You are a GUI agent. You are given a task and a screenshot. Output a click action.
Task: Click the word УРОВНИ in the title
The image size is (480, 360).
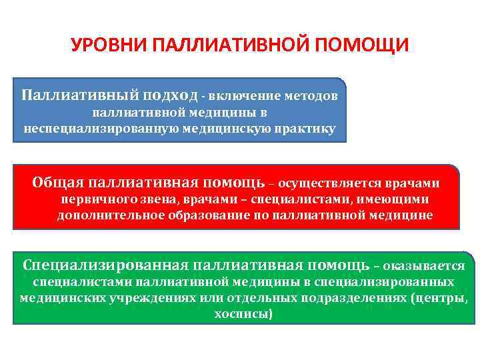[x=108, y=47]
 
